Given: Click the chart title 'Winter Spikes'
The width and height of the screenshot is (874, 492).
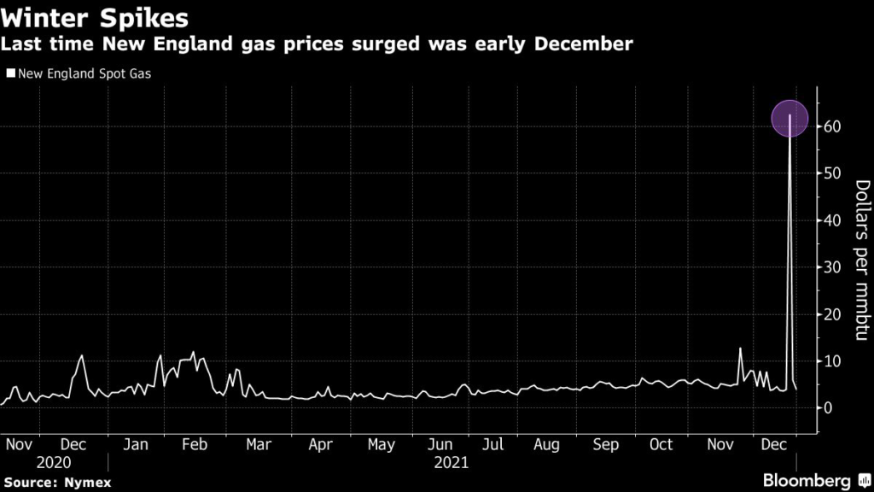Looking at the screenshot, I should [x=96, y=16].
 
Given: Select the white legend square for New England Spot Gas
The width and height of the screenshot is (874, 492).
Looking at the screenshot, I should [x=10, y=74].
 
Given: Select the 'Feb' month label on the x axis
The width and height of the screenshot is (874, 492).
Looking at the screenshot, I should [x=195, y=445].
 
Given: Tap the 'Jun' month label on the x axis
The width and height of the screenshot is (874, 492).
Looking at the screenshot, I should [x=440, y=445].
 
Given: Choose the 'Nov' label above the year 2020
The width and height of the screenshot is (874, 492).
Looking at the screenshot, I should [x=19, y=445].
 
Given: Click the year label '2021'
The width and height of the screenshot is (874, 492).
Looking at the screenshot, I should [x=452, y=462].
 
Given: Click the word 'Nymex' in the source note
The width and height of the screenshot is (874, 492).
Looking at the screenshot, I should [x=85, y=481].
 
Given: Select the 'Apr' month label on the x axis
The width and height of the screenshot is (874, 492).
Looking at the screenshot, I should [x=320, y=445].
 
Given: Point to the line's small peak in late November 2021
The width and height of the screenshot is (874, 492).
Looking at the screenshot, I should [x=740, y=348].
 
